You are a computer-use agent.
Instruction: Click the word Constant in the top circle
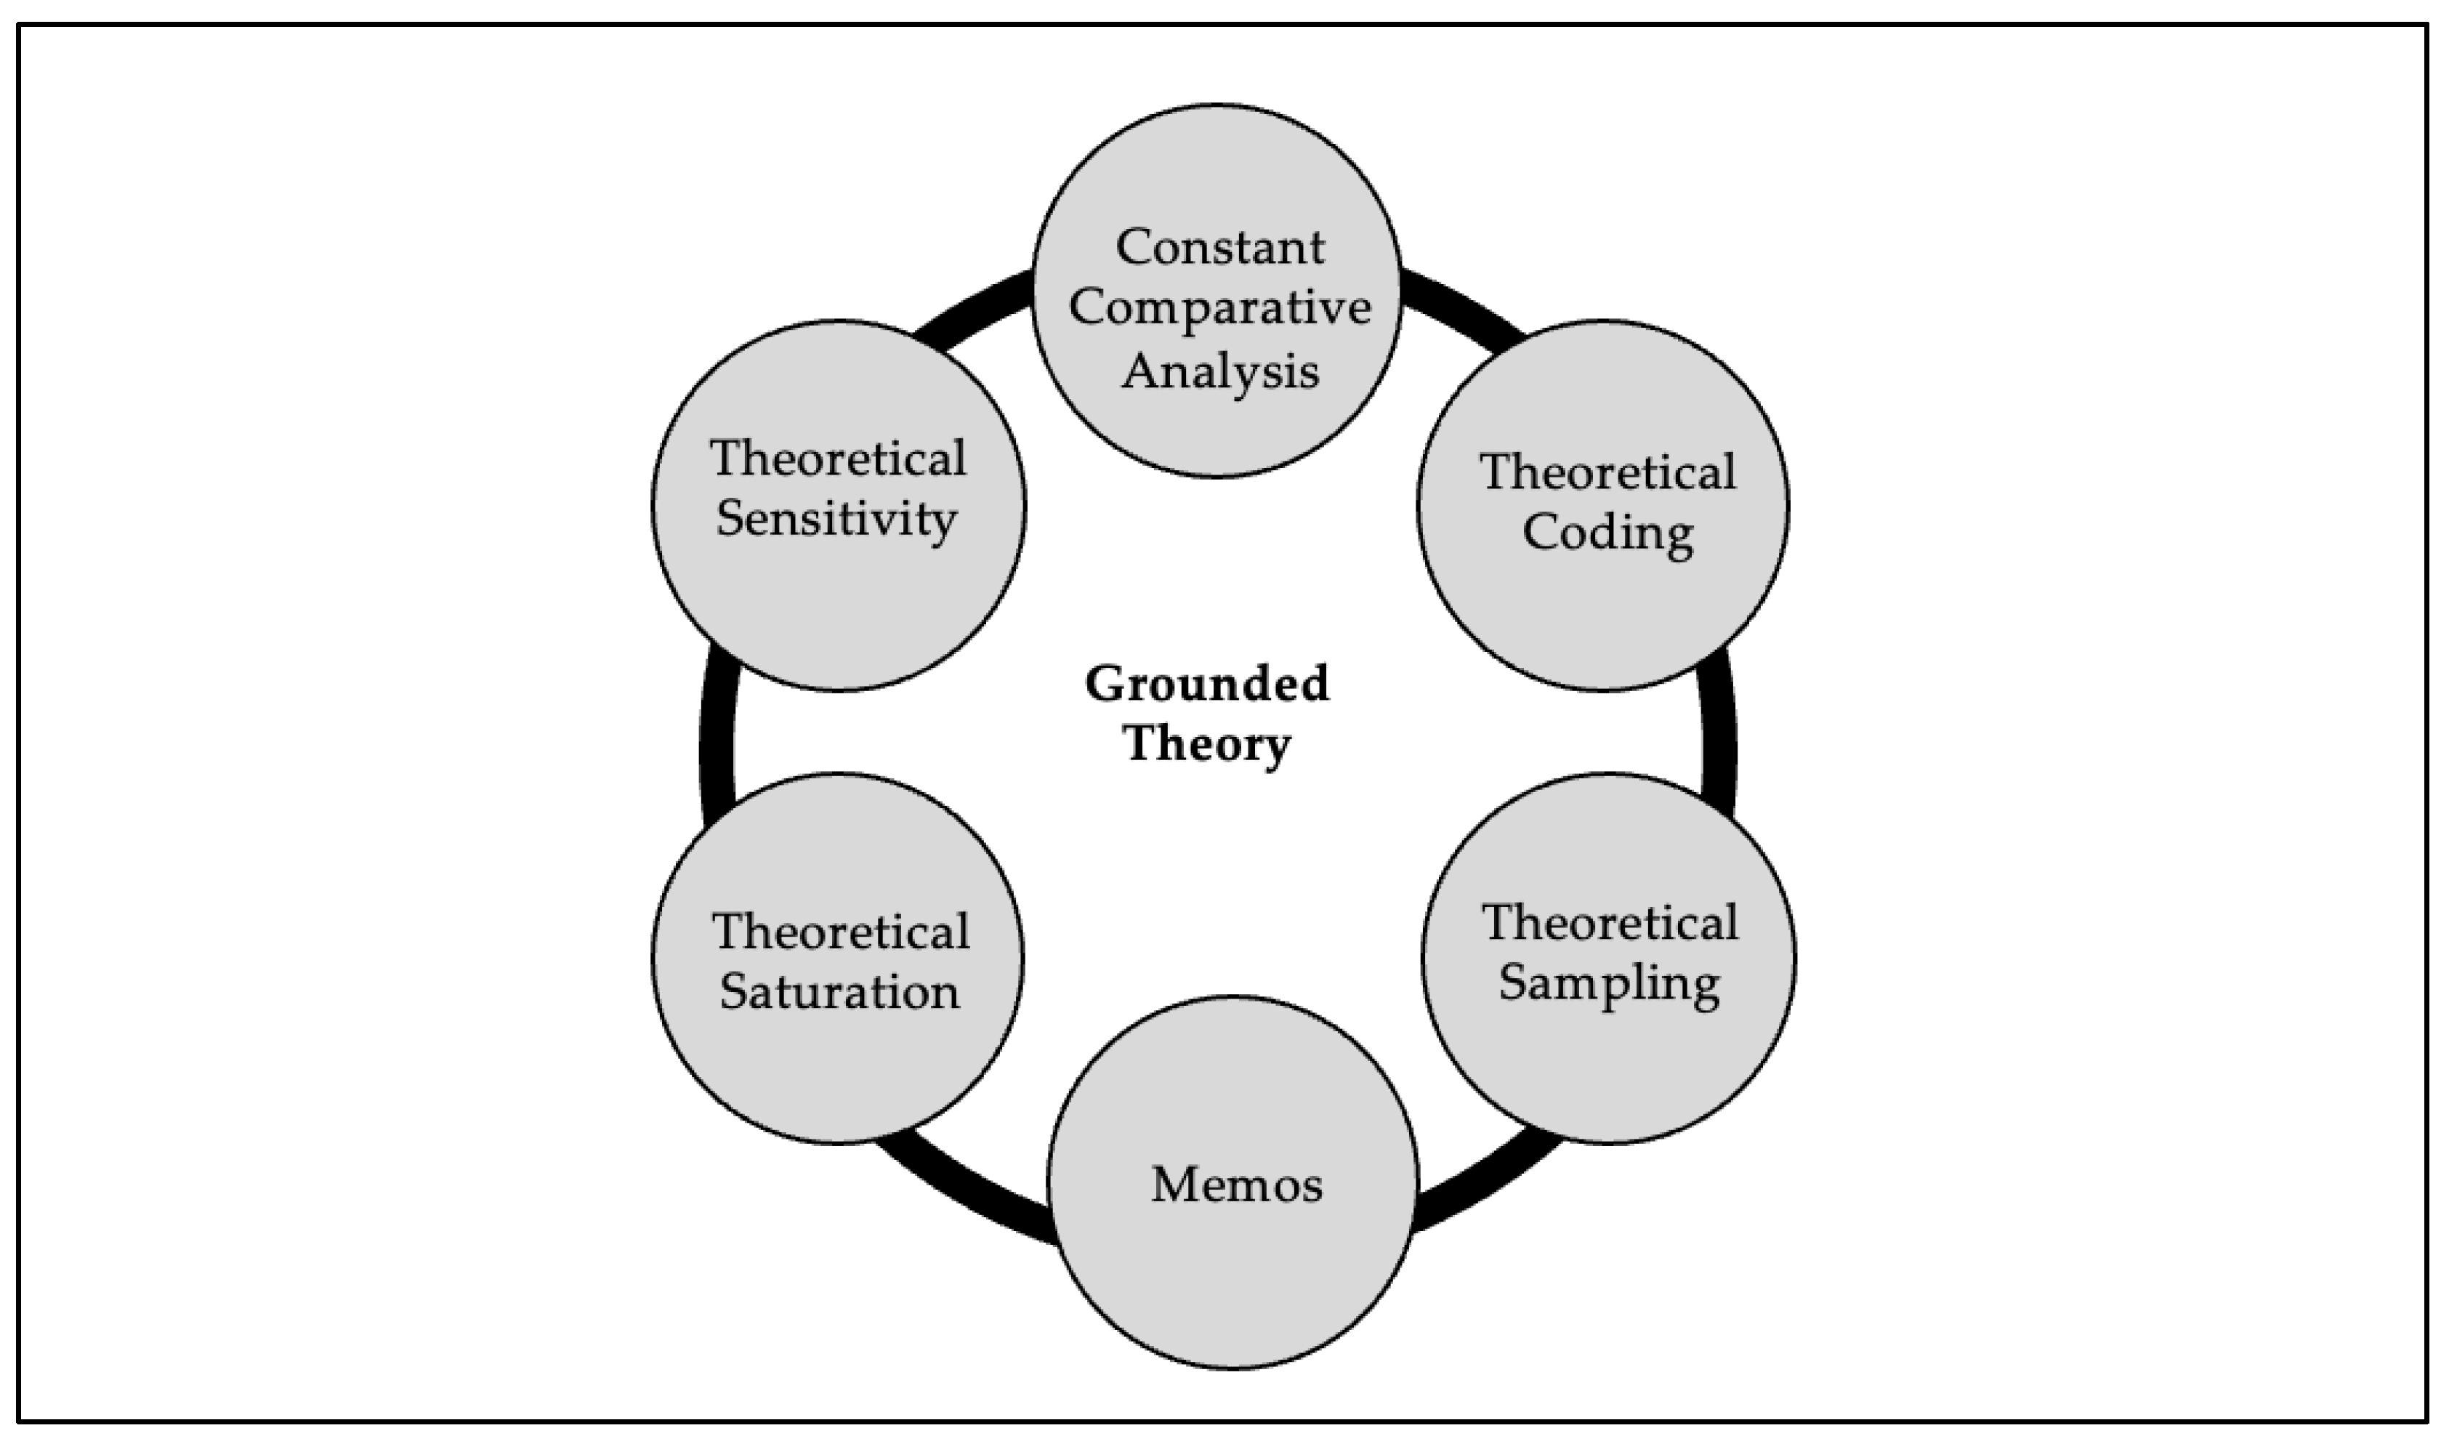click(x=1219, y=247)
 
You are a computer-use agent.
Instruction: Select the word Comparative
click(x=1219, y=308)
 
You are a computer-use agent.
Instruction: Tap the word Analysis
click(x=1219, y=371)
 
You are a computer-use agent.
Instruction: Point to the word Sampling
click(x=1608, y=982)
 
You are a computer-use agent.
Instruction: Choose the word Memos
click(x=1235, y=1185)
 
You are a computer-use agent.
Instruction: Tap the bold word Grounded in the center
click(x=1206, y=684)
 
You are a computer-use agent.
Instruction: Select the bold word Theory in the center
click(x=1206, y=744)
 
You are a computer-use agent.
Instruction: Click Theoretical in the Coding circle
click(x=1607, y=473)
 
